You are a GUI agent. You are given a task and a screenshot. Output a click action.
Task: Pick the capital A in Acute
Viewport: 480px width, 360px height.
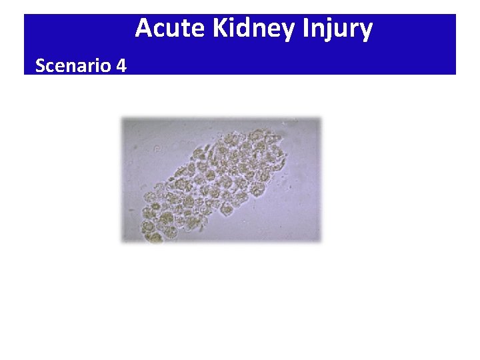(143, 29)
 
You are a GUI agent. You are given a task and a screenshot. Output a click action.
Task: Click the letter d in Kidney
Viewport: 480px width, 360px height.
(249, 29)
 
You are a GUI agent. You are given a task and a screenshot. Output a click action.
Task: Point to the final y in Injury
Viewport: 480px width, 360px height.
(365, 32)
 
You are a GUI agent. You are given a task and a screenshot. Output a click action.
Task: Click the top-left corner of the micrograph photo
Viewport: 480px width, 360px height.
(122, 118)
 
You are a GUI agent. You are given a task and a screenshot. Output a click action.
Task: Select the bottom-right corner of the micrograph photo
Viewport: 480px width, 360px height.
(321, 241)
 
